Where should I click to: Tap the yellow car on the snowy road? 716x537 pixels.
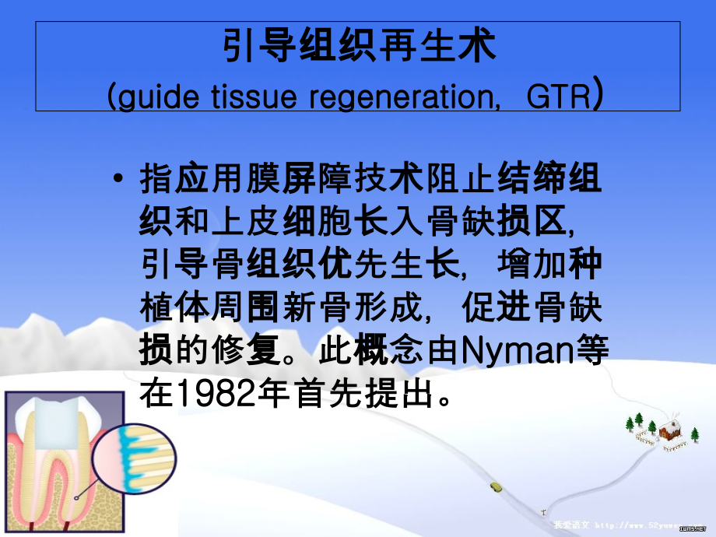pos(496,486)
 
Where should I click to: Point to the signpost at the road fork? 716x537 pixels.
pos(542,512)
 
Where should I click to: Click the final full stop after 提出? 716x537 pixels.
pos(446,398)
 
